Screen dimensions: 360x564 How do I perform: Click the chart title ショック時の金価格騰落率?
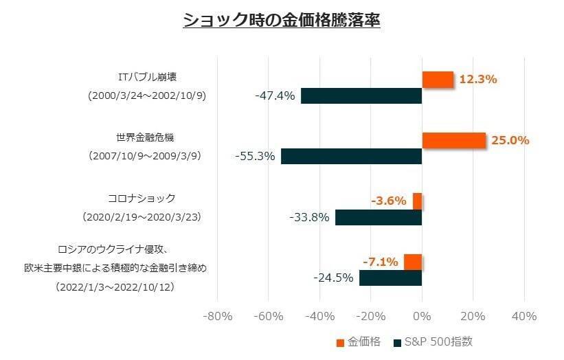(282, 20)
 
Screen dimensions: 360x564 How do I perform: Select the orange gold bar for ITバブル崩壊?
(438, 79)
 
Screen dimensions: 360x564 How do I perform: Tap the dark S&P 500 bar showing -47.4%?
(361, 95)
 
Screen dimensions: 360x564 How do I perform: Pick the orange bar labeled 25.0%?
(453, 140)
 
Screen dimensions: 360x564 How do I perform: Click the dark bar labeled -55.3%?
(351, 156)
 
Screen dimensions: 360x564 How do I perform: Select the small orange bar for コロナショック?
(417, 201)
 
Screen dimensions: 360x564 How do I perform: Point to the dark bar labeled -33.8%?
(379, 217)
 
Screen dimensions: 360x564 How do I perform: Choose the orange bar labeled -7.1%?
(413, 262)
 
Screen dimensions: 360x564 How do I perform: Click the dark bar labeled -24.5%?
(390, 278)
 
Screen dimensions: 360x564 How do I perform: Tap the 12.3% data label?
(477, 79)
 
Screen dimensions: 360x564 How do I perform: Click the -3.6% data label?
(388, 201)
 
